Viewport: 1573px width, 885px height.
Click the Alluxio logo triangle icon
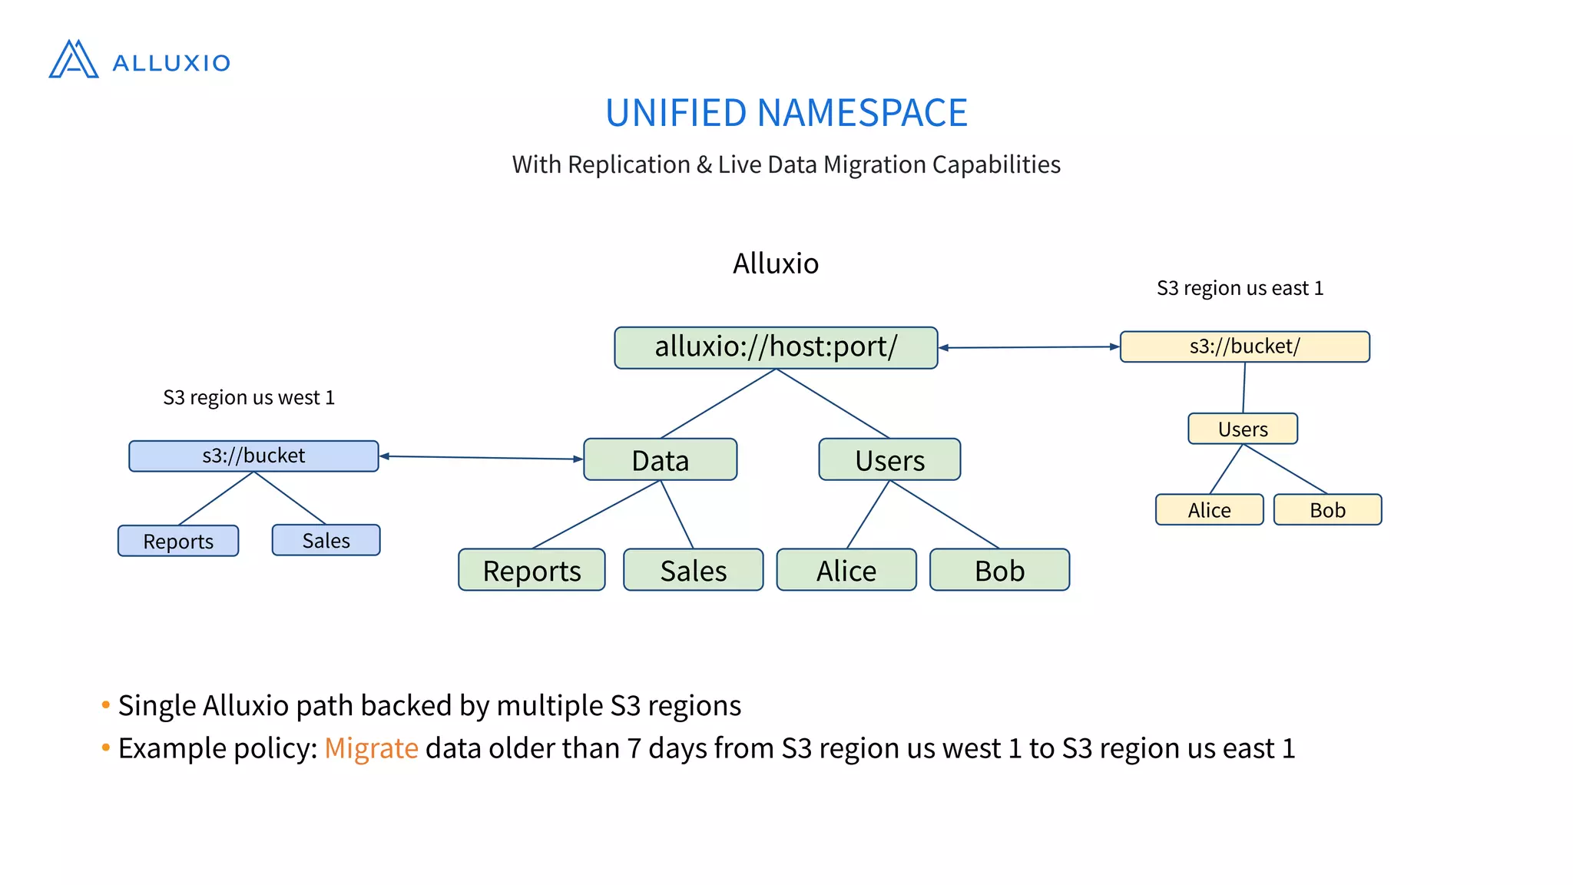point(74,60)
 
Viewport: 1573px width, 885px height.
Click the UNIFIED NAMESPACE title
point(786,113)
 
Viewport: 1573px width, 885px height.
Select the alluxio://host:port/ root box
point(776,347)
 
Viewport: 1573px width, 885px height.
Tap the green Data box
point(660,460)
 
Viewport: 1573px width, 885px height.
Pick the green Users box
point(889,460)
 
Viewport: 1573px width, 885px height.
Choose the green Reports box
point(532,570)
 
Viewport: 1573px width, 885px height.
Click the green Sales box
point(693,570)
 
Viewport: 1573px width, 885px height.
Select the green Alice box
point(846,570)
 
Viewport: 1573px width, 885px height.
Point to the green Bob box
point(999,570)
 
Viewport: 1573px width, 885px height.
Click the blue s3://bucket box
point(253,456)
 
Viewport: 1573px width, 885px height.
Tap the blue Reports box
point(178,541)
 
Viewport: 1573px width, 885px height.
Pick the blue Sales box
point(326,540)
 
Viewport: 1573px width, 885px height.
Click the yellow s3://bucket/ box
point(1244,346)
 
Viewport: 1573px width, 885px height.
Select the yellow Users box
point(1243,429)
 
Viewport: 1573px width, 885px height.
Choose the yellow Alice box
point(1209,509)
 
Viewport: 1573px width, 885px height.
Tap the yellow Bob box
point(1327,509)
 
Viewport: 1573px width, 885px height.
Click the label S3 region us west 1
point(249,397)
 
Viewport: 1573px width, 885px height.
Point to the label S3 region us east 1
point(1240,288)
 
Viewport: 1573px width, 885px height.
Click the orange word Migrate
point(371,748)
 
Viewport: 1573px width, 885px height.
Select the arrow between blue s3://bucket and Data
point(482,458)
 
